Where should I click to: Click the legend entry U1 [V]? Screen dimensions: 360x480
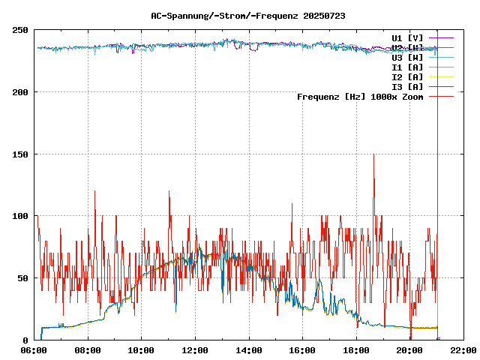[x=407, y=37]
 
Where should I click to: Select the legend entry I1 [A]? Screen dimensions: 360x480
[x=407, y=67]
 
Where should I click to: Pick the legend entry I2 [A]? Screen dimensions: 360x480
[x=407, y=76]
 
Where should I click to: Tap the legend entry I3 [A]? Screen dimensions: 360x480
[x=407, y=86]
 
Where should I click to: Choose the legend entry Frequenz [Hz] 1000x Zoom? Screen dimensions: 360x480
[x=360, y=96]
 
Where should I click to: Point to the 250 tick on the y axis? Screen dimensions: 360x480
[x=20, y=30]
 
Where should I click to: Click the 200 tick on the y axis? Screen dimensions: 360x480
[x=20, y=92]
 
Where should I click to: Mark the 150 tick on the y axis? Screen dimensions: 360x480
[x=20, y=154]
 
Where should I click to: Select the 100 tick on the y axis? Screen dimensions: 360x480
[x=20, y=216]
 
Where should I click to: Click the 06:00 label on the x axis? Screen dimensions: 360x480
[x=34, y=349]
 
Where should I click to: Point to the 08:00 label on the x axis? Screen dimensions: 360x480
[x=88, y=349]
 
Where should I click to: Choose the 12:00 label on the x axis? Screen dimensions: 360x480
[x=195, y=349]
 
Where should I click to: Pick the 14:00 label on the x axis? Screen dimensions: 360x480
[x=248, y=349]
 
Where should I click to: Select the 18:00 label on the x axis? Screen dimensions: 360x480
[x=355, y=349]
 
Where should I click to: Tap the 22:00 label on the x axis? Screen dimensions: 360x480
[x=463, y=349]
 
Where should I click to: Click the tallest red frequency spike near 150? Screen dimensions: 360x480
[x=373, y=155]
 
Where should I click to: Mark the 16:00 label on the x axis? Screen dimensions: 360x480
[x=302, y=349]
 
